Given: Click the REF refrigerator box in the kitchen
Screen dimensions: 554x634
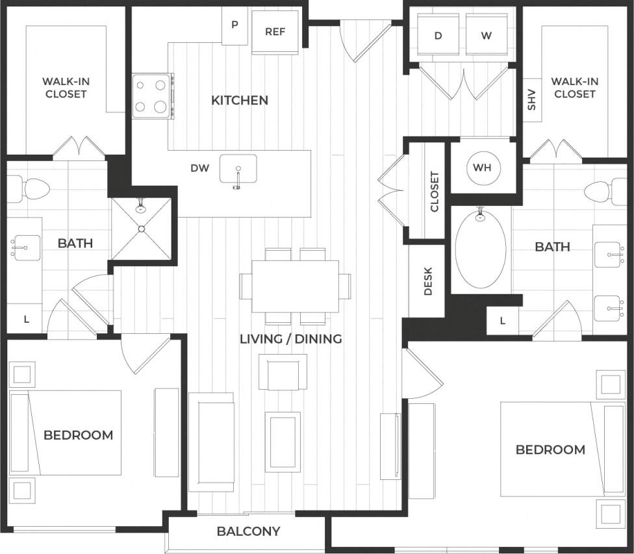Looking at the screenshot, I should [x=275, y=31].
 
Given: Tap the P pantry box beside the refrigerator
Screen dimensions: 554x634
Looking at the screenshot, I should [x=235, y=26].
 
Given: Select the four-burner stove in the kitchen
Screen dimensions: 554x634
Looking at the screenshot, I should [x=152, y=96].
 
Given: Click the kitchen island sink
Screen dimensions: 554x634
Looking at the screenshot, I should [x=238, y=170].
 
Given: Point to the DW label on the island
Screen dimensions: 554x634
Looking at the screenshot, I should [x=199, y=168].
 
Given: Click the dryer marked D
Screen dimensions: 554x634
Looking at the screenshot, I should [x=438, y=36].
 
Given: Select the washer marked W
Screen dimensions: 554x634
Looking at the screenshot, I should [x=487, y=36].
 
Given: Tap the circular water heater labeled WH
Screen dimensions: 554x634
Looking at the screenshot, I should [x=482, y=168].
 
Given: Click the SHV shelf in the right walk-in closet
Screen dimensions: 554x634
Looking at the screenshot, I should [x=531, y=99].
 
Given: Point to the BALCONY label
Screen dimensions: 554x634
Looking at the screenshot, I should [x=248, y=531].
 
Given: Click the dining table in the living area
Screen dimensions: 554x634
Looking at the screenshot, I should [x=295, y=286].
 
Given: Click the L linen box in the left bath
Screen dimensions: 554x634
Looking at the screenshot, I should [x=26, y=320].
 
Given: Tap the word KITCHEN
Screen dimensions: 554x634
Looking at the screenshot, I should [x=240, y=101].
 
